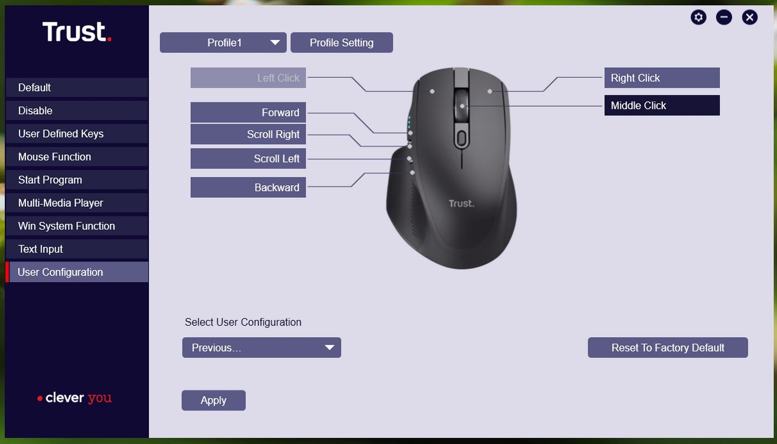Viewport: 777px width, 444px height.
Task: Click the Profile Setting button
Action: [342, 43]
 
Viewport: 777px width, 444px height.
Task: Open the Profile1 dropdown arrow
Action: [275, 43]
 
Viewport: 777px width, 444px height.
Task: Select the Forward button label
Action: [248, 113]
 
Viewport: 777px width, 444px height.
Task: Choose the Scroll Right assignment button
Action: [248, 134]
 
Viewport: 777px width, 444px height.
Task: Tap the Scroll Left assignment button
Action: [248, 159]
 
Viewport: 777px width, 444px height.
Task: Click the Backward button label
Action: [248, 187]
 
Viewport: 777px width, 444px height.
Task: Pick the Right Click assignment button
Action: [662, 78]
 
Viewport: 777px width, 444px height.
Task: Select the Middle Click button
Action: [662, 106]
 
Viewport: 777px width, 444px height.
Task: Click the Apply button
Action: [214, 400]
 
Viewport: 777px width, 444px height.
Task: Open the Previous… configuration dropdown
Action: [262, 348]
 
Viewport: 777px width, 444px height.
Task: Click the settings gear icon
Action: [698, 17]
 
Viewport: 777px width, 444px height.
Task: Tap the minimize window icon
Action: [724, 17]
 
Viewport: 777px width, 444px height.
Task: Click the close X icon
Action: [749, 17]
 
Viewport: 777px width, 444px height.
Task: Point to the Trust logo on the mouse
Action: [461, 203]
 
